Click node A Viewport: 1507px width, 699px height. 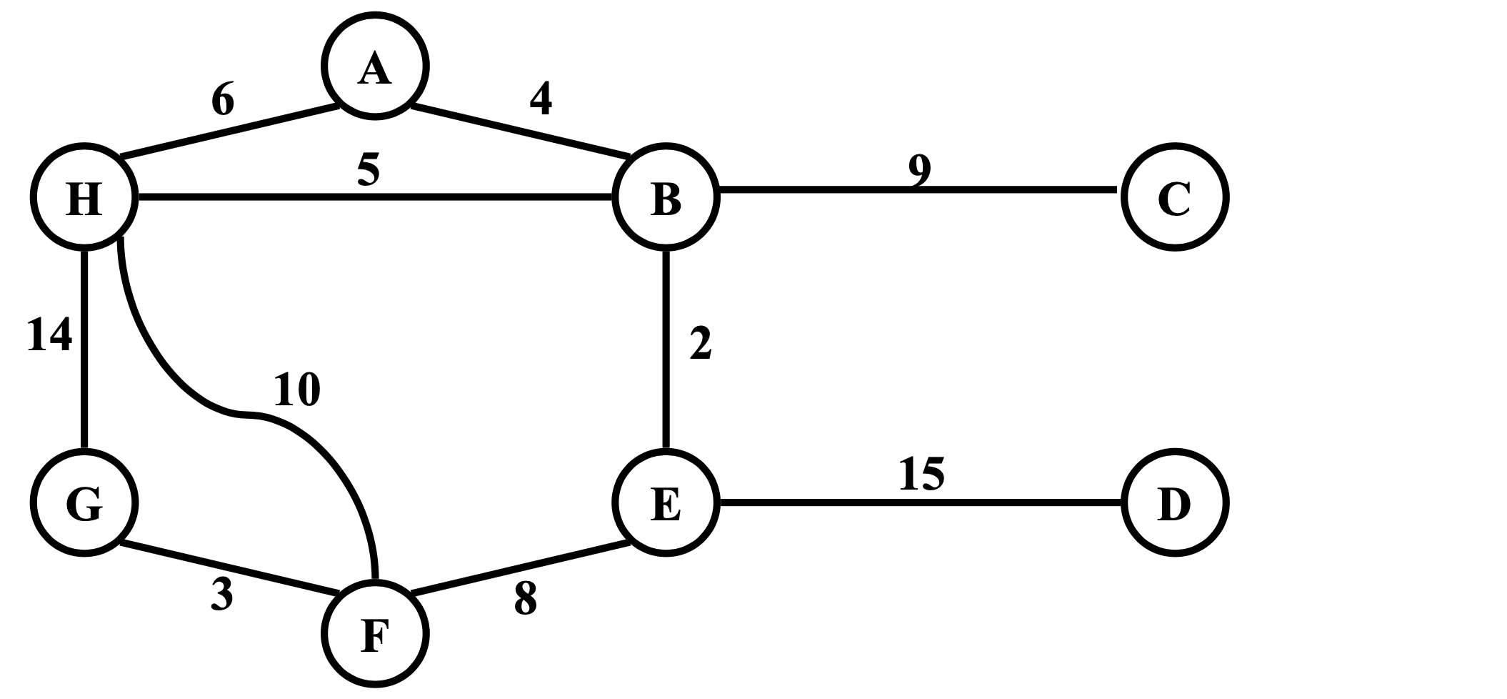coord(375,66)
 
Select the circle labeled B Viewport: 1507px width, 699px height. coord(666,197)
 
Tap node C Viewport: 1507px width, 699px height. coord(1174,197)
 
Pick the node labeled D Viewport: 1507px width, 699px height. coord(1174,502)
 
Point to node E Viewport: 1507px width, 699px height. coord(666,502)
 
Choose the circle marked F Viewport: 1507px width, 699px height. coord(375,634)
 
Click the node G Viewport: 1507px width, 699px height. coord(84,502)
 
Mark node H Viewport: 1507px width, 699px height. coord(84,197)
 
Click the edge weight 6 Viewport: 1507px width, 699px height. coord(223,99)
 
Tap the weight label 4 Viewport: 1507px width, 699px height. coord(541,99)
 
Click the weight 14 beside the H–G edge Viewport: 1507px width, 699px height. coord(49,334)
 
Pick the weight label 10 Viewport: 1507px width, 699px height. coord(297,390)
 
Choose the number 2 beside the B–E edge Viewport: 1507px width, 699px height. coord(700,343)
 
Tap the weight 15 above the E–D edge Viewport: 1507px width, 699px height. coord(921,473)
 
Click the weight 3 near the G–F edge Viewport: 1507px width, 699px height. coord(222,595)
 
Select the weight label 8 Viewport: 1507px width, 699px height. coord(525,599)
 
